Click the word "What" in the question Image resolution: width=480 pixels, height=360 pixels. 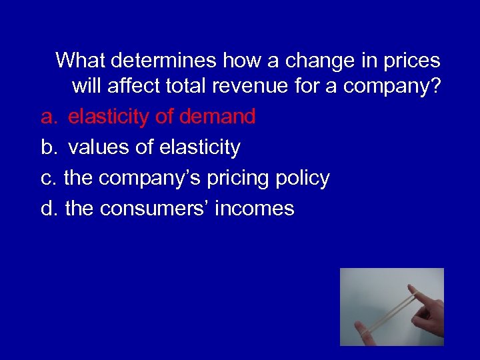pos(81,61)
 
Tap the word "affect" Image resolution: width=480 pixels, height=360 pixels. pos(140,87)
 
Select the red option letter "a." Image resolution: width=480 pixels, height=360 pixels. pos(49,117)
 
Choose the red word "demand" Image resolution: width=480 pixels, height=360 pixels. pos(217,117)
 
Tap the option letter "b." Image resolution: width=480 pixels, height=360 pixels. pos(49,147)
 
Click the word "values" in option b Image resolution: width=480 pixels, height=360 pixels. pos(99,147)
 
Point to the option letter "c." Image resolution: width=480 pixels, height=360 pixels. pos(49,179)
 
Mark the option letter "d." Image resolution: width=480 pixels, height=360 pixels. pos(49,209)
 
